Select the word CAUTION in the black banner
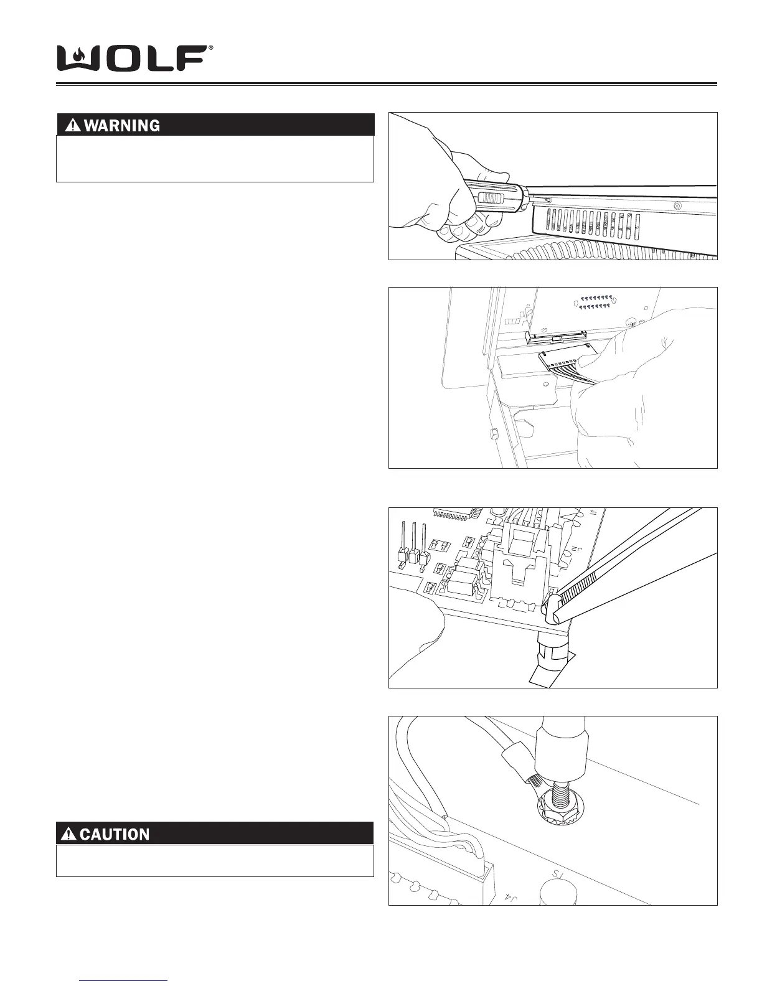click(115, 834)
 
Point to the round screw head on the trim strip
click(678, 204)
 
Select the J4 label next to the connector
click(510, 897)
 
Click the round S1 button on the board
click(558, 890)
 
